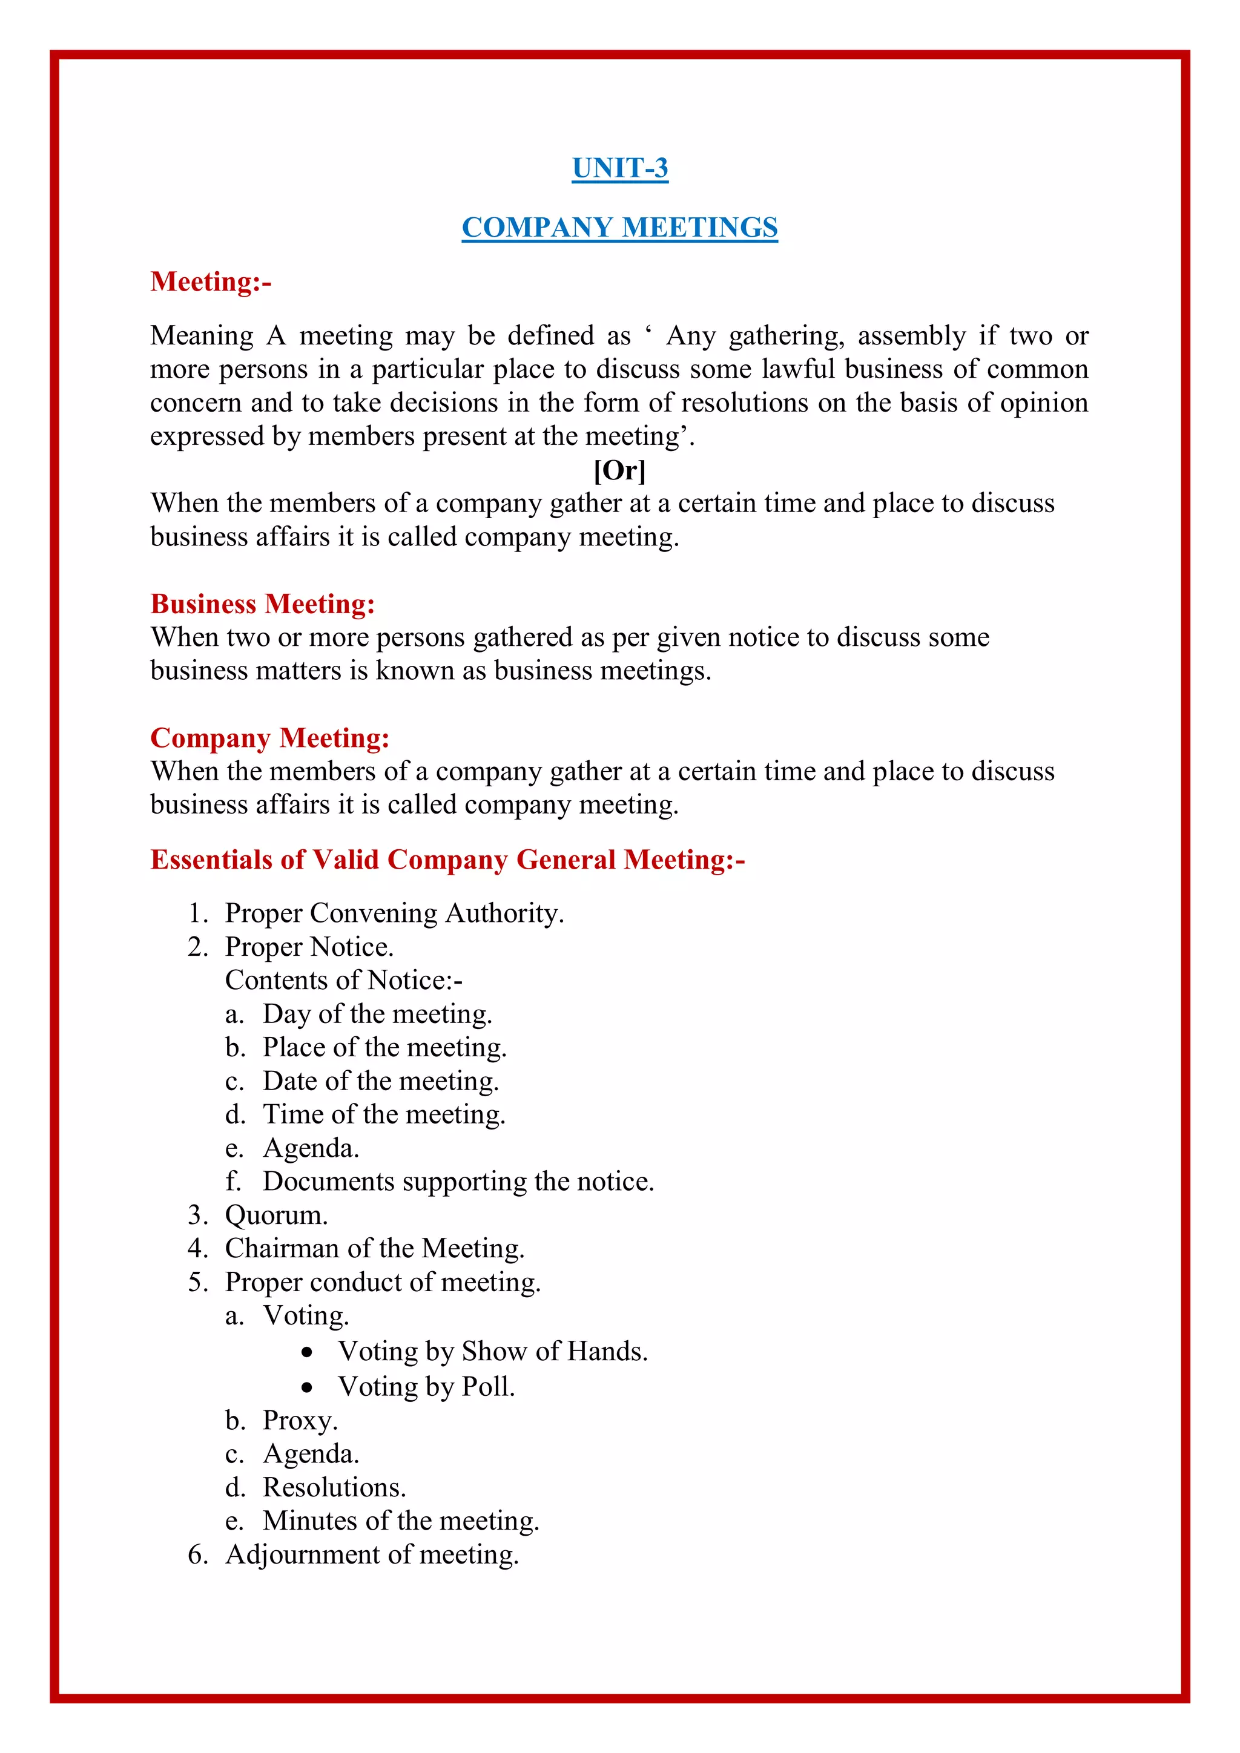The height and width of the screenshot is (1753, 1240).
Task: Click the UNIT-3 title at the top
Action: point(619,168)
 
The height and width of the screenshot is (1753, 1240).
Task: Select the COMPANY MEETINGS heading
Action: point(619,228)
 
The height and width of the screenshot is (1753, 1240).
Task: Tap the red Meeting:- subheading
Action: point(211,281)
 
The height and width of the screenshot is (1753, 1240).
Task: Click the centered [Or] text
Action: point(619,470)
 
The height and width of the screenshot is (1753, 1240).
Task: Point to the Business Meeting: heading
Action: point(263,604)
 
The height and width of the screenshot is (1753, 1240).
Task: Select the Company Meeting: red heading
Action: point(269,738)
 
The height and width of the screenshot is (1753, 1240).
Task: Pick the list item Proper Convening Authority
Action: point(394,913)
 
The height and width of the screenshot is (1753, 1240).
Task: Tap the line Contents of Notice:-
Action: point(343,981)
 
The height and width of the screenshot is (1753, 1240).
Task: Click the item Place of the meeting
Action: point(384,1048)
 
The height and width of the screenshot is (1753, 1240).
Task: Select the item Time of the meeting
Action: point(384,1115)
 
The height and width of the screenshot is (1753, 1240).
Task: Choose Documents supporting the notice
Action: point(458,1182)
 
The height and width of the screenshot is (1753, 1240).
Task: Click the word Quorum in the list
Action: point(275,1215)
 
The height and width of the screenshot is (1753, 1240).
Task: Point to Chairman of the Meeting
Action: point(374,1249)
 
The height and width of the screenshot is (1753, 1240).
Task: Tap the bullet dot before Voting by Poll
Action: point(307,1387)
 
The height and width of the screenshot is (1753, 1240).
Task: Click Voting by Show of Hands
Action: point(492,1352)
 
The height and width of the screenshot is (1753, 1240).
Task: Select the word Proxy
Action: point(299,1421)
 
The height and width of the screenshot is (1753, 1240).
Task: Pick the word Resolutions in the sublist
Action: point(334,1488)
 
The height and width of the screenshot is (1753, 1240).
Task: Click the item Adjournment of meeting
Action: point(372,1555)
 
